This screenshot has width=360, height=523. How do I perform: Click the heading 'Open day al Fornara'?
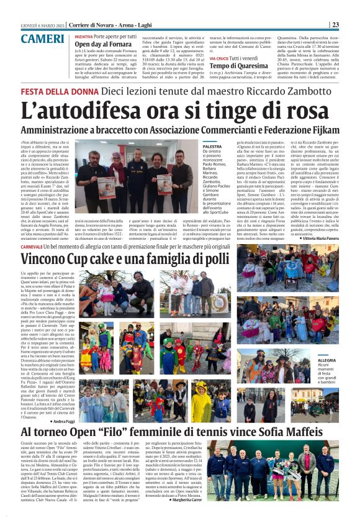[103, 44]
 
